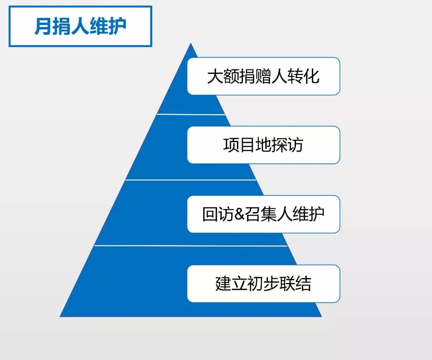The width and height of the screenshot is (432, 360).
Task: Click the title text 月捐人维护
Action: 80,26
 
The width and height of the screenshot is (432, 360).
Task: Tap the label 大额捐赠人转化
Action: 263,76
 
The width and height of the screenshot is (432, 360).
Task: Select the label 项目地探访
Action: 263,145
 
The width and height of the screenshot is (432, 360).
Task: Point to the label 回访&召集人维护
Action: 263,214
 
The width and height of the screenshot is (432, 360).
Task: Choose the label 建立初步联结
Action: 263,283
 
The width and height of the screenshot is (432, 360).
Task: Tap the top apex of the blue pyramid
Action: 191,43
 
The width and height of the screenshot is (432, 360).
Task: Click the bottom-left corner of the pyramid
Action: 60,316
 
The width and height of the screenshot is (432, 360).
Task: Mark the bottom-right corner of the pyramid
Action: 322,316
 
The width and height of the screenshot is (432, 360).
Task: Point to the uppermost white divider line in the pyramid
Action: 191,114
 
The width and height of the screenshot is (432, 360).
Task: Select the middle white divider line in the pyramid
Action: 191,180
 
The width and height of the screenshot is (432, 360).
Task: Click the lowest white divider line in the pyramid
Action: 191,245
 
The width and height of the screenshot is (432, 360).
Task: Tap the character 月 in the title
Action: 43,26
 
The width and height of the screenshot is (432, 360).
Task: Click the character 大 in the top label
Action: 215,76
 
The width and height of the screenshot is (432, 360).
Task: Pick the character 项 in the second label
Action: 232,145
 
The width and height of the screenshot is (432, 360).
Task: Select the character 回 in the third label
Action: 210,214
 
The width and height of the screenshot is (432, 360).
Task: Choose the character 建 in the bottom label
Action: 224,283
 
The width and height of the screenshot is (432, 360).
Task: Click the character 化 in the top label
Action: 312,76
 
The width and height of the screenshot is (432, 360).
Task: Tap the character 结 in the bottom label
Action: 303,283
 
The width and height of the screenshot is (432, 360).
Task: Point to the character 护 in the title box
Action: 118,26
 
